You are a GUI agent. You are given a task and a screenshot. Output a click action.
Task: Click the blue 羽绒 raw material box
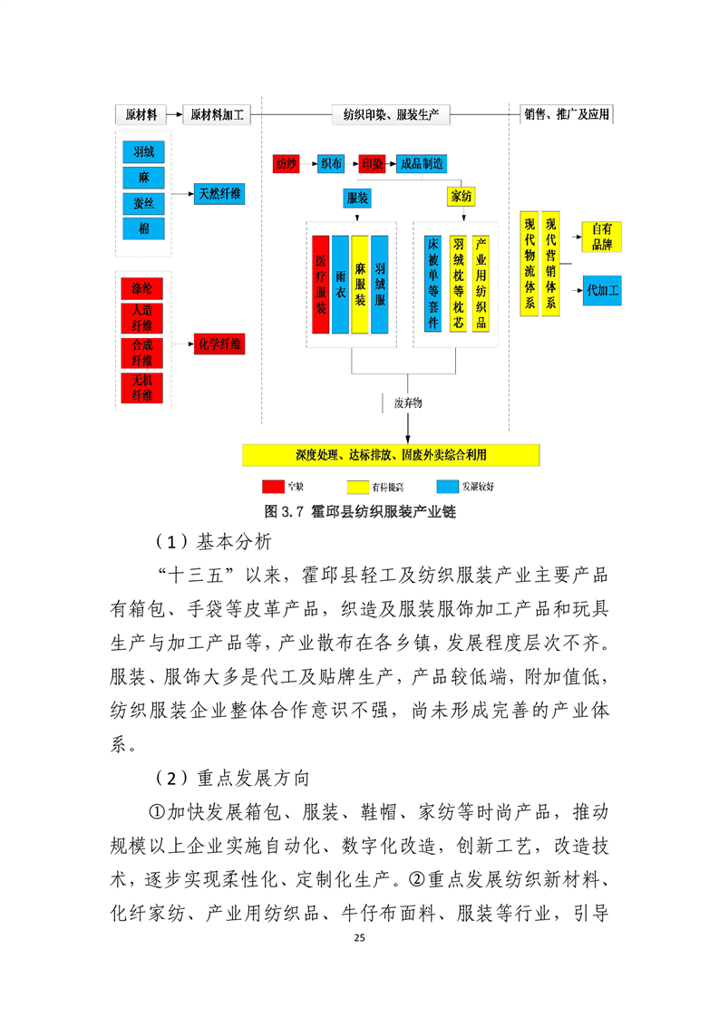pos(143,152)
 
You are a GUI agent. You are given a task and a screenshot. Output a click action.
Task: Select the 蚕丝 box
pos(143,203)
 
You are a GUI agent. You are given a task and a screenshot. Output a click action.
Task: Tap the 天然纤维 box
pos(219,193)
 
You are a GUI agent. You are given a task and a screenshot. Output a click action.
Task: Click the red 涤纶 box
pos(142,289)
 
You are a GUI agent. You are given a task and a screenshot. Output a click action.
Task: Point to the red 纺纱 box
pos(286,164)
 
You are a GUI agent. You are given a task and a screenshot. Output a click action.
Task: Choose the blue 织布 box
pos(331,164)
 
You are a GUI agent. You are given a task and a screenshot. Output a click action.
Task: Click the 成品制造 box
pos(422,164)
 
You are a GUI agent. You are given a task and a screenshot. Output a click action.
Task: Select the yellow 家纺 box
pos(462,198)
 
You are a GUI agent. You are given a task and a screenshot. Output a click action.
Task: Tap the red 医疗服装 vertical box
pos(321,284)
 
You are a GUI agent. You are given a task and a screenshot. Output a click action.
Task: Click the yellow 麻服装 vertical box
pos(360,284)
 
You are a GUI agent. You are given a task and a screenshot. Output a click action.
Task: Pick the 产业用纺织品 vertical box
pos(481,284)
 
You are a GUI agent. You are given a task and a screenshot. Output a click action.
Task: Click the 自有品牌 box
pos(602,237)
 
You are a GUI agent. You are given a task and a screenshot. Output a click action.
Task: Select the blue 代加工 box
pos(602,291)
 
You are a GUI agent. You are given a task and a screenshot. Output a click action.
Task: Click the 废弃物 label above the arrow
pos(408,402)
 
